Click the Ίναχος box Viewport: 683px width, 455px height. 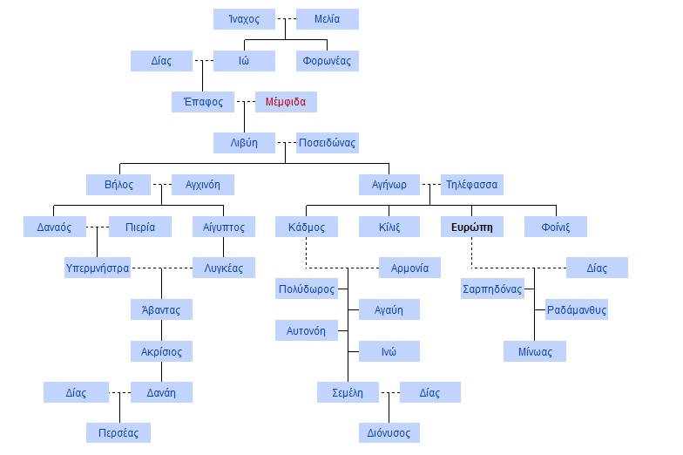[244, 19]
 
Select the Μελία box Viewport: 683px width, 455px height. [327, 19]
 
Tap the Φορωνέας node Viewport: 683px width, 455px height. [327, 61]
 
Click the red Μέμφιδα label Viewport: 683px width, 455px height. [286, 102]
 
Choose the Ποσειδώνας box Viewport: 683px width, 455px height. [327, 142]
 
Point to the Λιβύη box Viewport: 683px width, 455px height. [244, 142]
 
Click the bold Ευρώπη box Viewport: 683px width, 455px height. [472, 227]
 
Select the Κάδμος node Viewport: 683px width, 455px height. [306, 227]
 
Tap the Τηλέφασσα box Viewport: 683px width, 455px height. [471, 185]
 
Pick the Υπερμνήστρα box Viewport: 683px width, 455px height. [98, 268]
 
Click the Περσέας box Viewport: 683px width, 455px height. [118, 432]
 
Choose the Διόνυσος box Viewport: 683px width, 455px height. [389, 432]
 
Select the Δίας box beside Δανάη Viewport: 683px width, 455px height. [77, 392]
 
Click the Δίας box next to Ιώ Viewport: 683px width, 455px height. [161, 61]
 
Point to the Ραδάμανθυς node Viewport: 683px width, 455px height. [577, 309]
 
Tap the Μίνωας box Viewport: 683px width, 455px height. [535, 350]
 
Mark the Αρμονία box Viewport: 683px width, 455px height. [409, 268]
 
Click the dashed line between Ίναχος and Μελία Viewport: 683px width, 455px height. [286, 19]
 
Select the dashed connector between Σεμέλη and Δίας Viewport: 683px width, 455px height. [389, 392]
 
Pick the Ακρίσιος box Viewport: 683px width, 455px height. [161, 350]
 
